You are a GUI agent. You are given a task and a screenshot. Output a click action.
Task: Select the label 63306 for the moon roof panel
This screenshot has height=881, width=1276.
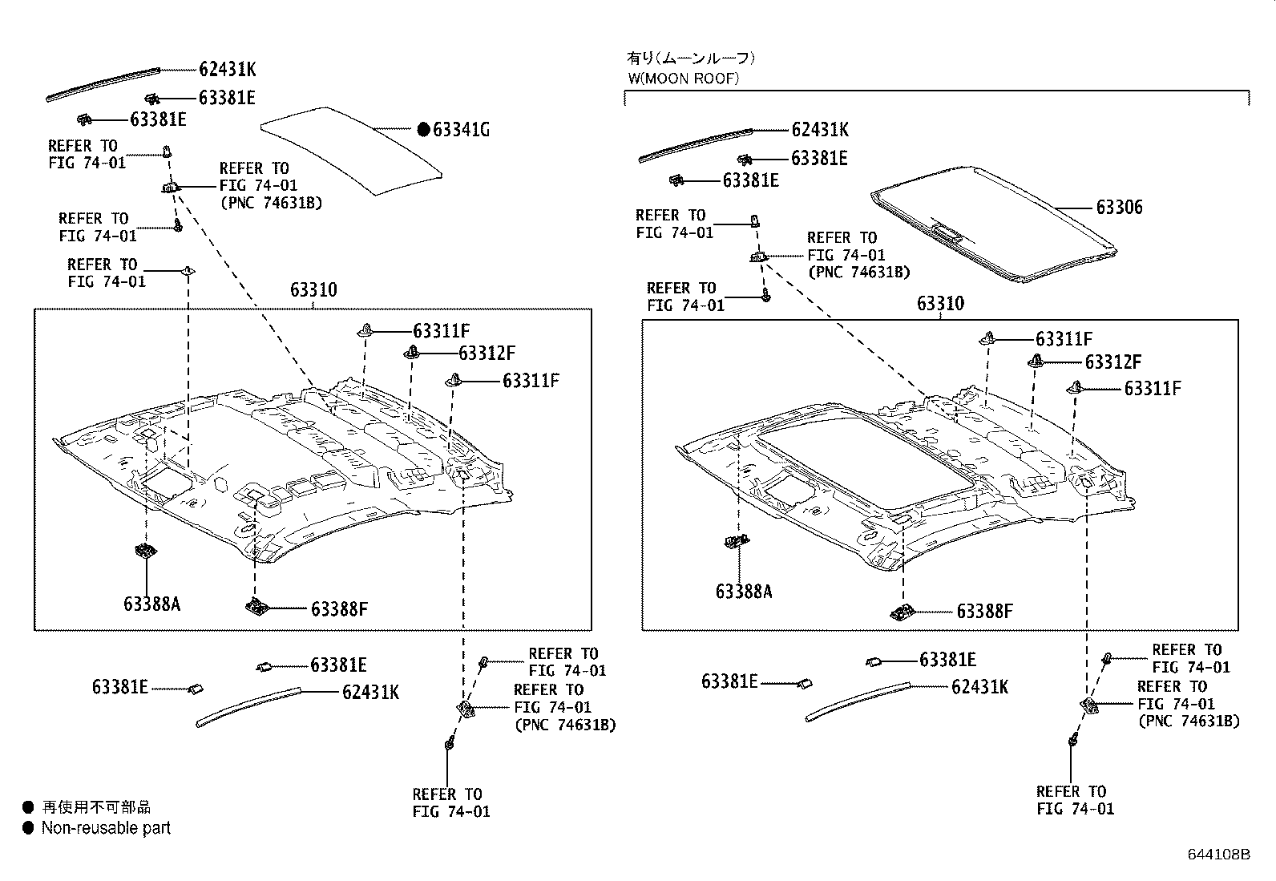[x=1119, y=207]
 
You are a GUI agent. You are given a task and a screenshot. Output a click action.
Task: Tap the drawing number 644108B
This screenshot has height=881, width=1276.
[x=1218, y=855]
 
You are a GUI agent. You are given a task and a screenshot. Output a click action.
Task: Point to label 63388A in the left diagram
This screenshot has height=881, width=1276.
[x=151, y=603]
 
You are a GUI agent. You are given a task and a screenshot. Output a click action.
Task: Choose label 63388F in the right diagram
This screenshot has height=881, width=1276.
[x=984, y=612]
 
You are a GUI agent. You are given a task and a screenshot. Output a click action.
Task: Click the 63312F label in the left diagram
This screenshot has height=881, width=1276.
[x=487, y=353]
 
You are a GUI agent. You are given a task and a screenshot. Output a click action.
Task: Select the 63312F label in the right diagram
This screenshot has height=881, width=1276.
[x=1113, y=362]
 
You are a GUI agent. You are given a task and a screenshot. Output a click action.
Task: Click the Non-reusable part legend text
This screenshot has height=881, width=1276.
[x=106, y=828]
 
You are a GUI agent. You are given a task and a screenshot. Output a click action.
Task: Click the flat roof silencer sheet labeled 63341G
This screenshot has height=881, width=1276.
[x=353, y=148]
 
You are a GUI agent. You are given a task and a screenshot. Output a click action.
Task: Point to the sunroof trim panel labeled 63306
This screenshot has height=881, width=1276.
[x=994, y=224]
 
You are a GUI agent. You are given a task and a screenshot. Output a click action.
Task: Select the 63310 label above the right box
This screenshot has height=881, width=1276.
[x=940, y=303]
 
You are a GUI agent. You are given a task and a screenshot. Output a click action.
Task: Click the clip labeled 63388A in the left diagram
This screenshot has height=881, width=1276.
[x=145, y=551]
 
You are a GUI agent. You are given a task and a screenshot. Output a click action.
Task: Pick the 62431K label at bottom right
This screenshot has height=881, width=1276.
[x=979, y=686]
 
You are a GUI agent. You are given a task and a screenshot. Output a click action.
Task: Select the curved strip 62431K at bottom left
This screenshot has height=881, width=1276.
[x=248, y=705]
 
